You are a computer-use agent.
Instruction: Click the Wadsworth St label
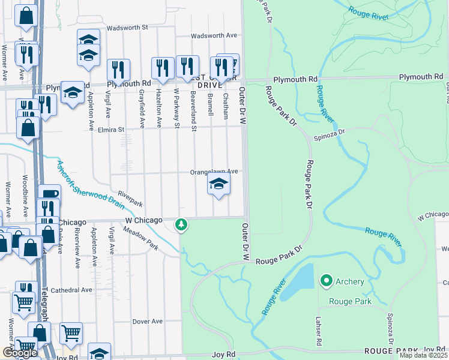click(128, 28)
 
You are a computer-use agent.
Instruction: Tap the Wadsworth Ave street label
click(211, 36)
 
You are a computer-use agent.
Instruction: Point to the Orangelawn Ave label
click(214, 172)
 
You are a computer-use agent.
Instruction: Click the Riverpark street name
click(130, 195)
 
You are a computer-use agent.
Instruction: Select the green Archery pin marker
click(327, 280)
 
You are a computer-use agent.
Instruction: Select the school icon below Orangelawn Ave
click(219, 184)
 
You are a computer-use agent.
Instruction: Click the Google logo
click(20, 353)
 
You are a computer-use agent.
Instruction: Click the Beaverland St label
click(194, 111)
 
